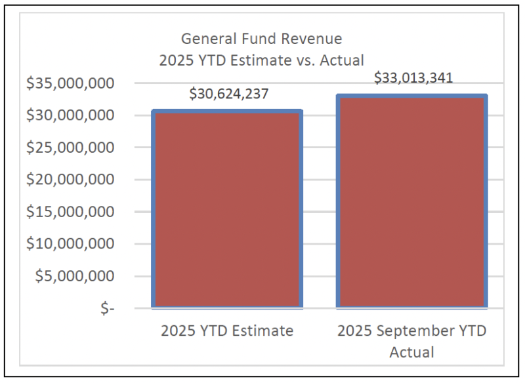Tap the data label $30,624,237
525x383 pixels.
pos(228,94)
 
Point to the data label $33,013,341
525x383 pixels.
pos(413,78)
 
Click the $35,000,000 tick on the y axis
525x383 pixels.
pos(70,83)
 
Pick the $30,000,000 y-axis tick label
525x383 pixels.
pos(70,115)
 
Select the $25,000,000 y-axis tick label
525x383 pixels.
pos(70,148)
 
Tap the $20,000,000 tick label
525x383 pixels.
pos(70,180)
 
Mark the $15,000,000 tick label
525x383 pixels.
pos(70,212)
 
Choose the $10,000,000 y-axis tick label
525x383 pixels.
pos(70,244)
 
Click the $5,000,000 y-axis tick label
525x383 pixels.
pos(74,276)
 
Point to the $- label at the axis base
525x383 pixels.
pos(107,308)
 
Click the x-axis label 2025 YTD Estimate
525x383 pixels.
pos(227,331)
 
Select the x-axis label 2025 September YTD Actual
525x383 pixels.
pos(412,341)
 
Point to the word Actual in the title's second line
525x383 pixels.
pos(341,60)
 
